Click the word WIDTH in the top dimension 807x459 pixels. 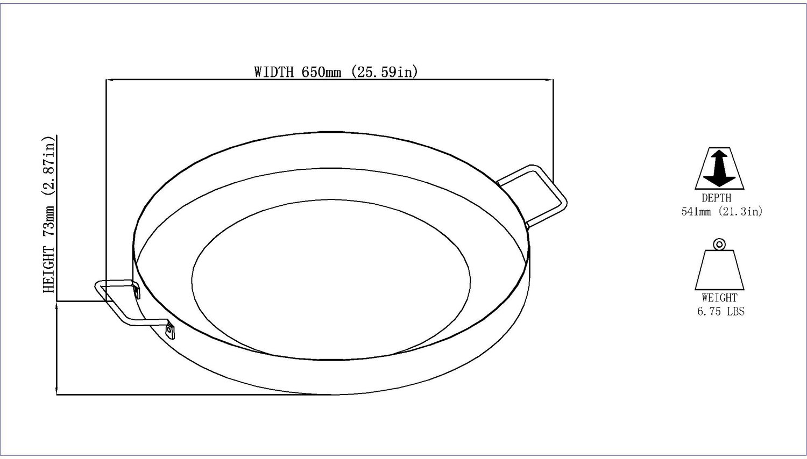(274, 72)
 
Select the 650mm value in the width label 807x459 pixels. (321, 72)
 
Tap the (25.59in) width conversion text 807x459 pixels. (385, 71)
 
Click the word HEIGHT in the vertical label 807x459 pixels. (48, 270)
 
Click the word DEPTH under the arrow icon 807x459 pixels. (717, 198)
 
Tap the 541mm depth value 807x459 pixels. (696, 212)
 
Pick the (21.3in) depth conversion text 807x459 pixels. (741, 211)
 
